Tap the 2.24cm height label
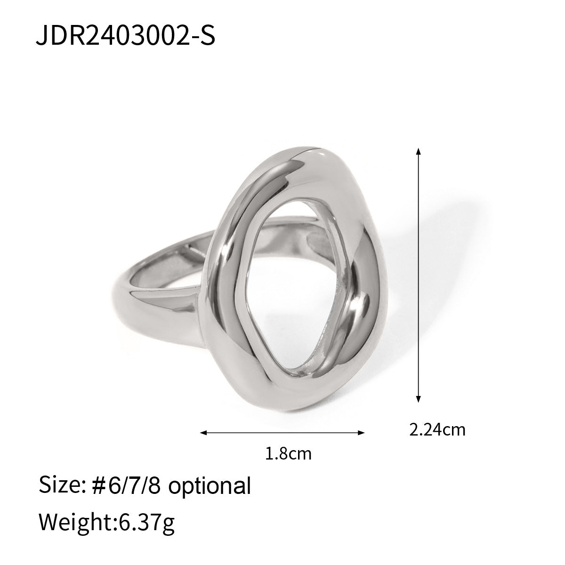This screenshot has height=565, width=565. click(437, 429)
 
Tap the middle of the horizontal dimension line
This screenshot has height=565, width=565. click(282, 432)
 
